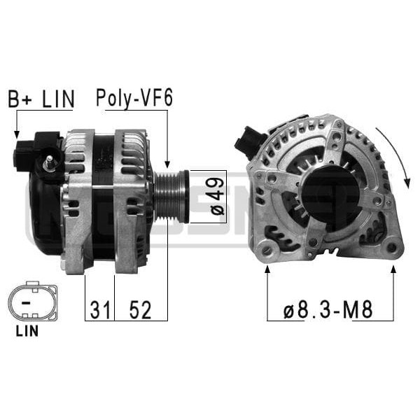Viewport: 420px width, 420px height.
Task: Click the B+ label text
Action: point(19,99)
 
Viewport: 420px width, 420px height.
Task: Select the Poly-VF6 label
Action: point(134,99)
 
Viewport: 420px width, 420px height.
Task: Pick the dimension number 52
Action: point(141,309)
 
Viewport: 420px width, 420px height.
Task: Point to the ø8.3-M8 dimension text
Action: point(328,309)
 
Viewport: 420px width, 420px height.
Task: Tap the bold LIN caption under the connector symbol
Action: point(27,331)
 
